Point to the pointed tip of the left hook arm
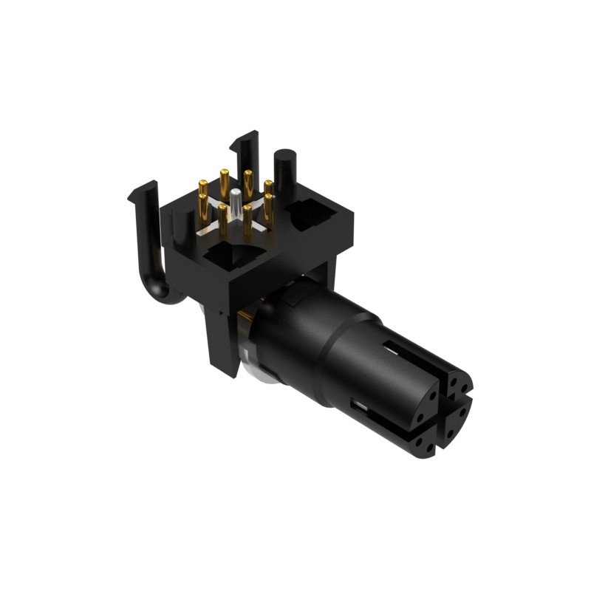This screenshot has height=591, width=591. pyautogui.click(x=130, y=195)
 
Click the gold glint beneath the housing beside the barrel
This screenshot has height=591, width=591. pyautogui.click(x=240, y=325)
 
